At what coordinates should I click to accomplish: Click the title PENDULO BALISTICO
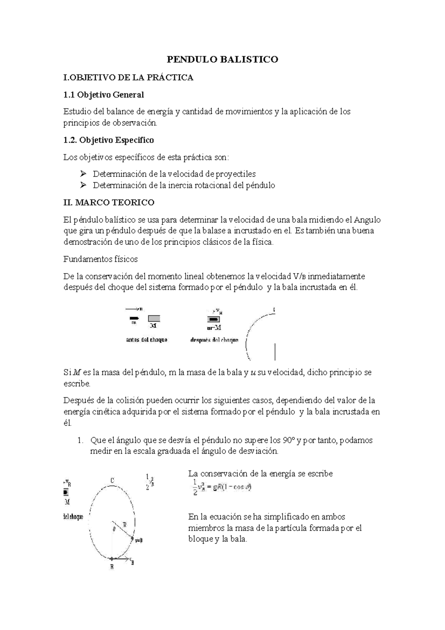(x=222, y=59)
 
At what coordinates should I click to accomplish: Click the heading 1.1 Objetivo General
(x=103, y=95)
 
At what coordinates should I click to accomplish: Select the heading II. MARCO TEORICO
(x=109, y=203)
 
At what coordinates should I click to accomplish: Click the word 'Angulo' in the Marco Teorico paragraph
(x=367, y=220)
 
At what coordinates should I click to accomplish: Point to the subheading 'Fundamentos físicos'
(x=100, y=259)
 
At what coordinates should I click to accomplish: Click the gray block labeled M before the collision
(x=154, y=318)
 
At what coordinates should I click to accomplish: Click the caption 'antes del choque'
(x=146, y=340)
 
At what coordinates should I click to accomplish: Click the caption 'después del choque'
(x=214, y=340)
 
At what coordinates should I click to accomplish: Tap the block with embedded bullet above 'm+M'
(x=213, y=319)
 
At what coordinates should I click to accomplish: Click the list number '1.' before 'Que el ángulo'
(x=79, y=440)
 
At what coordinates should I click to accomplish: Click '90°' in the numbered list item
(x=288, y=440)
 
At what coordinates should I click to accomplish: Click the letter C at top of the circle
(x=112, y=481)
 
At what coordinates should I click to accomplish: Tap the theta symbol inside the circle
(x=114, y=530)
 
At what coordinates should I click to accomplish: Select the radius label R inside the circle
(x=125, y=525)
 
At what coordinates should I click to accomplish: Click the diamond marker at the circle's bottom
(x=112, y=558)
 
